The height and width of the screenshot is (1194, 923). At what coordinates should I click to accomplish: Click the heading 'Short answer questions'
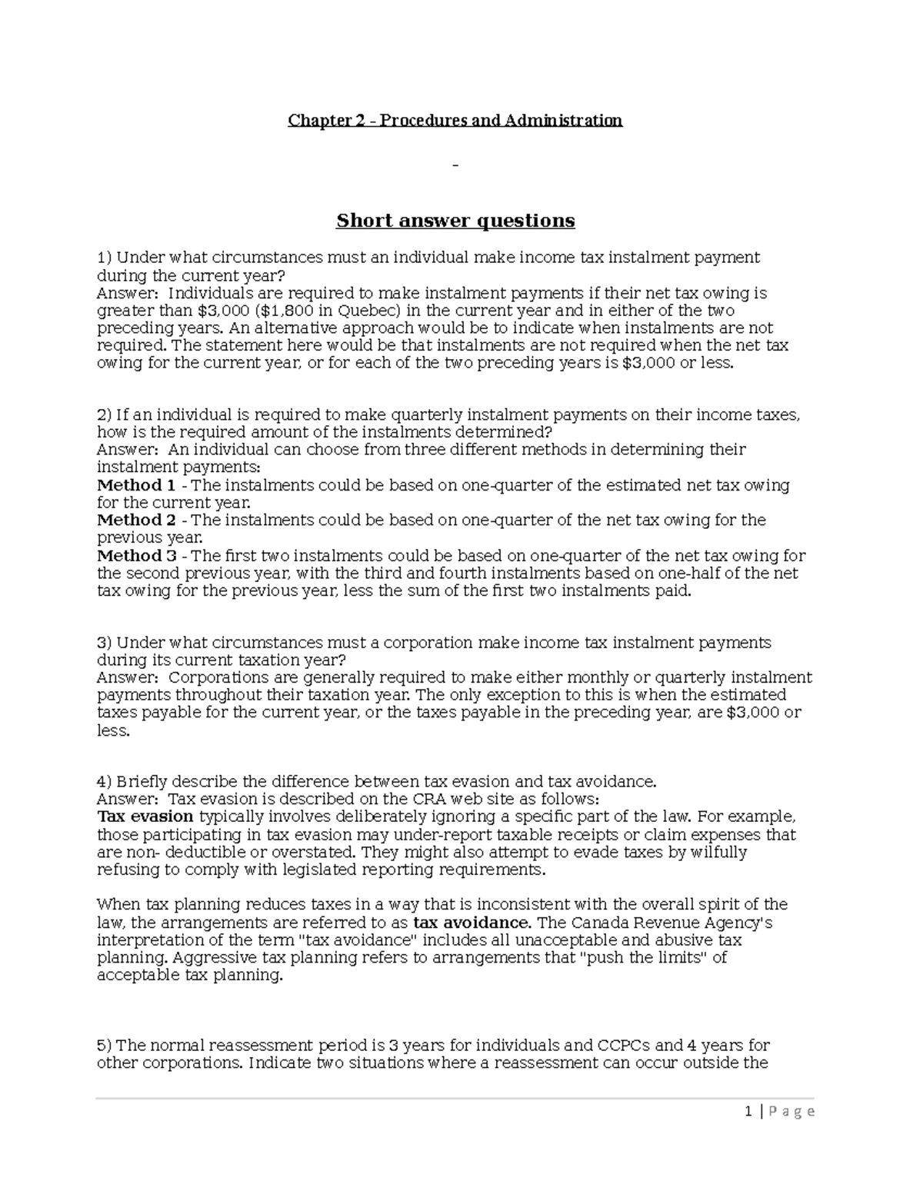(455, 221)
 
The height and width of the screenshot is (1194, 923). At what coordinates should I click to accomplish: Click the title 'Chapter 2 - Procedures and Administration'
(455, 121)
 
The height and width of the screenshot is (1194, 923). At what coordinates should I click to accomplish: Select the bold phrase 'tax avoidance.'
(471, 923)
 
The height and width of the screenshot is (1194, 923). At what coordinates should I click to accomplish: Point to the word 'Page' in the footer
(793, 1112)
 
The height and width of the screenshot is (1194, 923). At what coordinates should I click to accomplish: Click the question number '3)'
(105, 643)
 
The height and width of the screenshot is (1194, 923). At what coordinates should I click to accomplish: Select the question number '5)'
(105, 1046)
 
